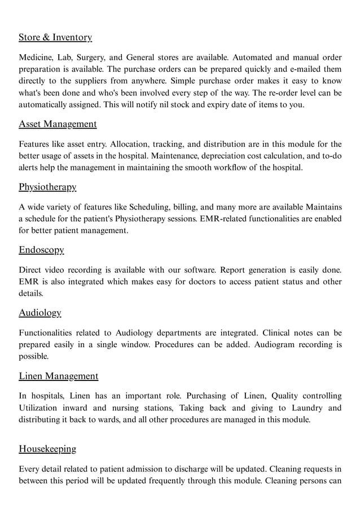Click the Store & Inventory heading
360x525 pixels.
coord(55,38)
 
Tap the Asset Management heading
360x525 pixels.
coord(58,124)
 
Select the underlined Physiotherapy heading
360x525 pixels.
coord(47,187)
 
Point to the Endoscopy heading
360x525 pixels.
coord(41,250)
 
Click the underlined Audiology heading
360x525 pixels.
coord(39,313)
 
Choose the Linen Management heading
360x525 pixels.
coord(58,376)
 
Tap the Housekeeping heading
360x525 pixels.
coord(47,449)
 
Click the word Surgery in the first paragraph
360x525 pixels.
coord(91,58)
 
